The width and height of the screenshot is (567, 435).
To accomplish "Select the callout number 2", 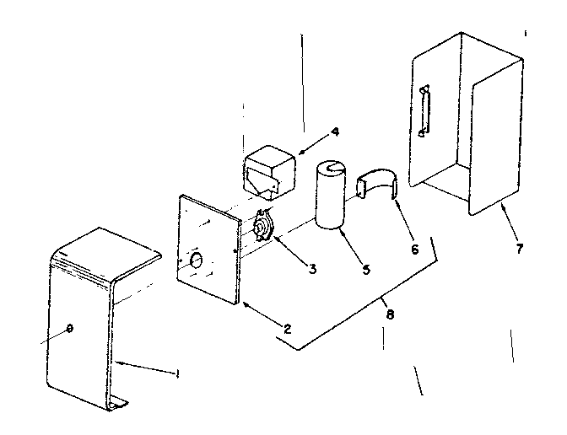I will (288, 327).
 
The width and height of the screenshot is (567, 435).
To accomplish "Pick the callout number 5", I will (366, 270).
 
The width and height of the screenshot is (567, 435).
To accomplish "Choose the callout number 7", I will (519, 248).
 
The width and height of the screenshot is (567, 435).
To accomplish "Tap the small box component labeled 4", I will (268, 169).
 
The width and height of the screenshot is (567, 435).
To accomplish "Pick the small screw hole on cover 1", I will (68, 327).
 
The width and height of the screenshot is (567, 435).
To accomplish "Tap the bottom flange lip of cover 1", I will (118, 405).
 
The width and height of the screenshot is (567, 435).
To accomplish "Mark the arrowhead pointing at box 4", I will (299, 153).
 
